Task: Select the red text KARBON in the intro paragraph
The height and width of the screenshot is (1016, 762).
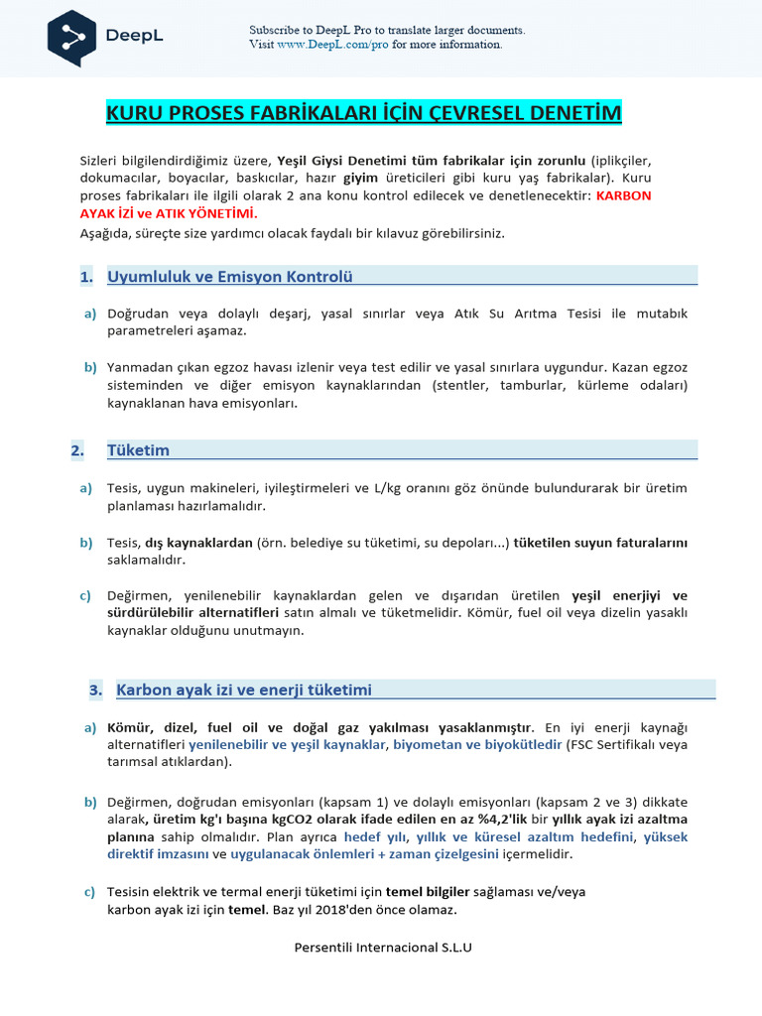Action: (623, 195)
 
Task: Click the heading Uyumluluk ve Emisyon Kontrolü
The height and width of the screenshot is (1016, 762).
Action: (229, 277)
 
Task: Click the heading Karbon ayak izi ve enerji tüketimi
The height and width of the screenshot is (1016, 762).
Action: (244, 690)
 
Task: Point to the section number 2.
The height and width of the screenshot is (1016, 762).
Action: (77, 450)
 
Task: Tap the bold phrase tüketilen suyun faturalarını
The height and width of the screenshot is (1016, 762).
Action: (600, 543)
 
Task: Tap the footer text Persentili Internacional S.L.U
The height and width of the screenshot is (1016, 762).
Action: (383, 947)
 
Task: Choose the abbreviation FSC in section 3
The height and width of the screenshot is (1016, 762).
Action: (582, 744)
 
